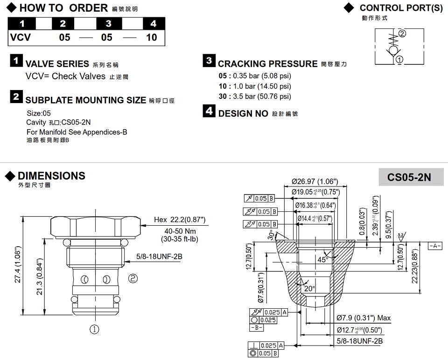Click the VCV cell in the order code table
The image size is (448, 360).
[x=21, y=37]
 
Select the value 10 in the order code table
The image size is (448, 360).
[x=152, y=37]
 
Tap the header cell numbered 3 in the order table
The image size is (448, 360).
[x=108, y=24]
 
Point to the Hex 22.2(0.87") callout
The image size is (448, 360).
[x=180, y=220]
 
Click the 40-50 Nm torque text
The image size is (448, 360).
[x=175, y=232]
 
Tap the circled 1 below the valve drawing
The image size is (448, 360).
[x=94, y=329]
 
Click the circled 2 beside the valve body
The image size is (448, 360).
[x=133, y=279]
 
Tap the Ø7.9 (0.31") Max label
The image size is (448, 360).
[x=364, y=318]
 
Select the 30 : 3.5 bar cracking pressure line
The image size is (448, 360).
[x=255, y=97]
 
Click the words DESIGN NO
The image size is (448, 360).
[x=243, y=113]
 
